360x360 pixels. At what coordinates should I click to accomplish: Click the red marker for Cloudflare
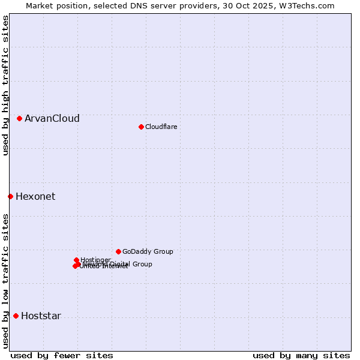click(x=141, y=127)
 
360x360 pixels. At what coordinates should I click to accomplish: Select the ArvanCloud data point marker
click(x=19, y=118)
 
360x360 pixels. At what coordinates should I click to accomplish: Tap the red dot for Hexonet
click(x=10, y=196)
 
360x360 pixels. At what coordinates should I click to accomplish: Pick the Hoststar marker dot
click(x=16, y=316)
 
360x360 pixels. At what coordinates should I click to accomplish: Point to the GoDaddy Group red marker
click(x=118, y=251)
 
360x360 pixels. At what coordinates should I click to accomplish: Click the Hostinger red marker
click(x=76, y=260)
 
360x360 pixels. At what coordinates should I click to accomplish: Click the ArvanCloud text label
click(x=52, y=118)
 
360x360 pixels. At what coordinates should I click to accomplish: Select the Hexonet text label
click(x=35, y=196)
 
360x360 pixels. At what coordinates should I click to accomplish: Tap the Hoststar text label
click(x=41, y=316)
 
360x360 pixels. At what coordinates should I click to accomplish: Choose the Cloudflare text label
click(x=161, y=127)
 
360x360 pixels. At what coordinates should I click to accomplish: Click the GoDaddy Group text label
click(x=148, y=251)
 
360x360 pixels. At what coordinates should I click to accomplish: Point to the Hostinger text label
click(x=96, y=259)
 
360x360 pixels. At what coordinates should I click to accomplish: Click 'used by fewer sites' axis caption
click(x=62, y=355)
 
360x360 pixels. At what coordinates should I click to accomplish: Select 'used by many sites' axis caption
click(x=301, y=355)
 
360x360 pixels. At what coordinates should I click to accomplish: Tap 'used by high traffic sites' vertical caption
click(x=5, y=85)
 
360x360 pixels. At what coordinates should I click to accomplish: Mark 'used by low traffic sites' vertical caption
click(x=5, y=280)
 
